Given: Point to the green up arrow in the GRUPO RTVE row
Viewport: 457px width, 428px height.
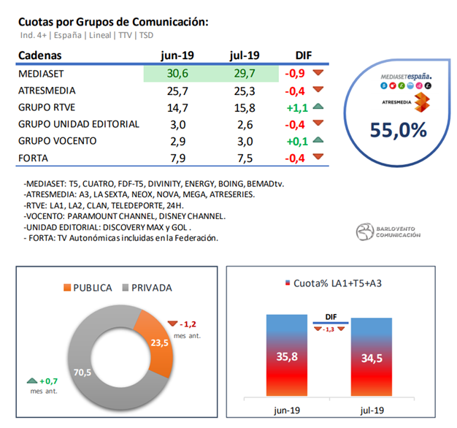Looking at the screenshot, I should (318, 107).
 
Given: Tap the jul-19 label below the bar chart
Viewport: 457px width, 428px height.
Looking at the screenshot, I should (372, 410).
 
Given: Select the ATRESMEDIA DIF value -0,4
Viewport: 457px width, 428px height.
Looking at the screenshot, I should (294, 91).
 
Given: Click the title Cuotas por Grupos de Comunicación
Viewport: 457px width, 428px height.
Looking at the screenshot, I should (112, 21).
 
